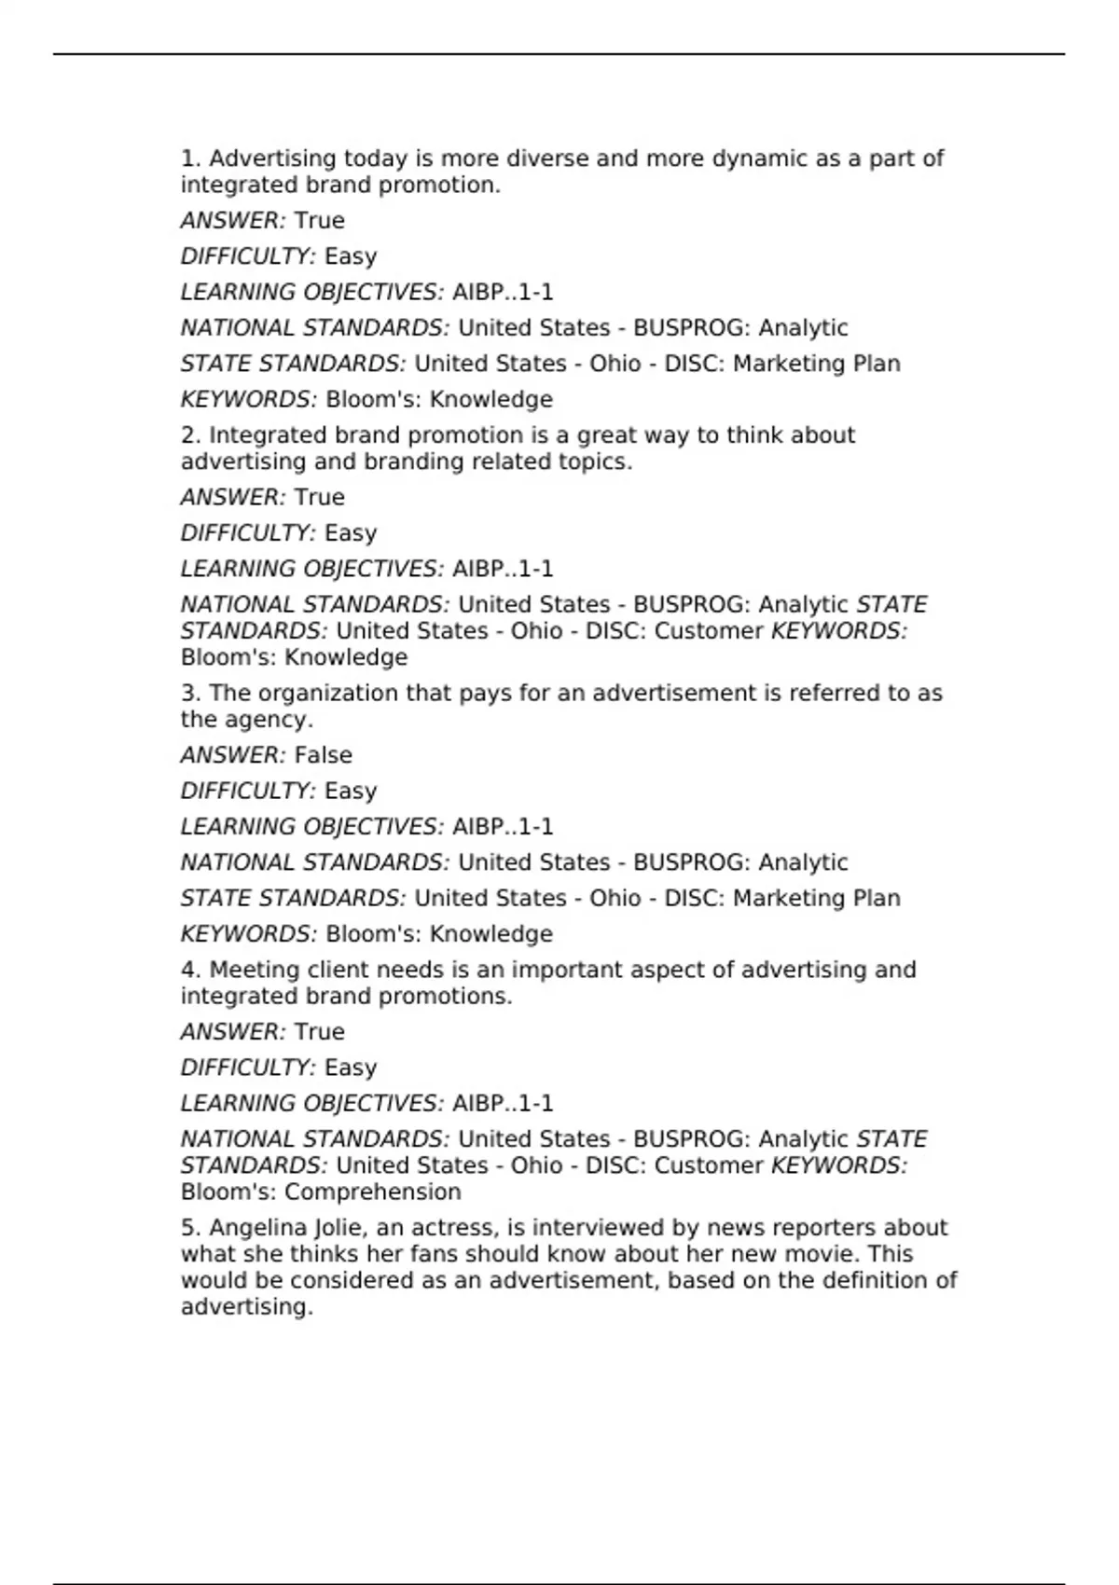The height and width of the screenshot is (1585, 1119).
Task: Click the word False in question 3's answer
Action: pyautogui.click(x=323, y=755)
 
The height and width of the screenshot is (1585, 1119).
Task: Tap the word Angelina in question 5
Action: pyautogui.click(x=252, y=1228)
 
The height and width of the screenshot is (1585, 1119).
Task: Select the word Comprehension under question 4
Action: pyautogui.click(x=372, y=1192)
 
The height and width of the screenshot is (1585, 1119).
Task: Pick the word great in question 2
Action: pyautogui.click(x=609, y=436)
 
